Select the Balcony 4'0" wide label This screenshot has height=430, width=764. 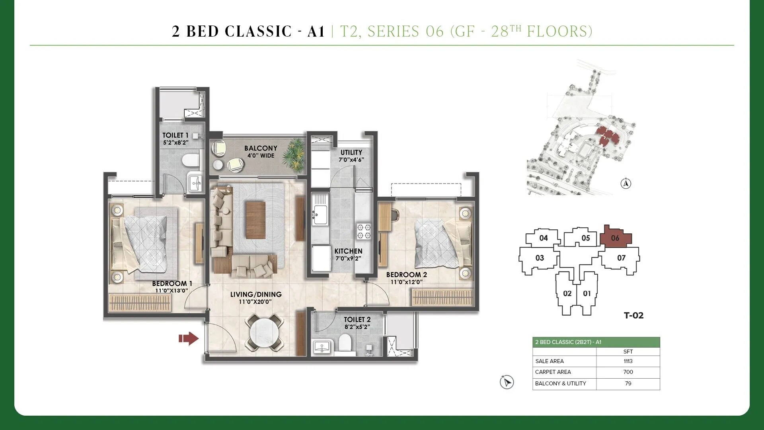(x=261, y=151)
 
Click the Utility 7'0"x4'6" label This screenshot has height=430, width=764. (x=351, y=156)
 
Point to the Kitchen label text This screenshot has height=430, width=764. (x=348, y=251)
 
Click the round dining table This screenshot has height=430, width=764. (x=265, y=332)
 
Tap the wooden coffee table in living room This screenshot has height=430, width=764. (x=255, y=220)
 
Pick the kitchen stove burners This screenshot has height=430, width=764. (x=363, y=231)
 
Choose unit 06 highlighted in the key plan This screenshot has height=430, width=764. (x=615, y=238)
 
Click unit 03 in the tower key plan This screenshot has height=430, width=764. (x=540, y=258)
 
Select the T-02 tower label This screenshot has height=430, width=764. (x=633, y=315)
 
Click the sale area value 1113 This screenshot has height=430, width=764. (x=628, y=361)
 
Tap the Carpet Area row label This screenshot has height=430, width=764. (x=553, y=372)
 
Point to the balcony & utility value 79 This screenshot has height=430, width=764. (x=628, y=383)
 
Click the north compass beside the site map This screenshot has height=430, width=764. (x=626, y=184)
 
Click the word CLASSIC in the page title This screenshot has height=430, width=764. (x=259, y=31)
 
